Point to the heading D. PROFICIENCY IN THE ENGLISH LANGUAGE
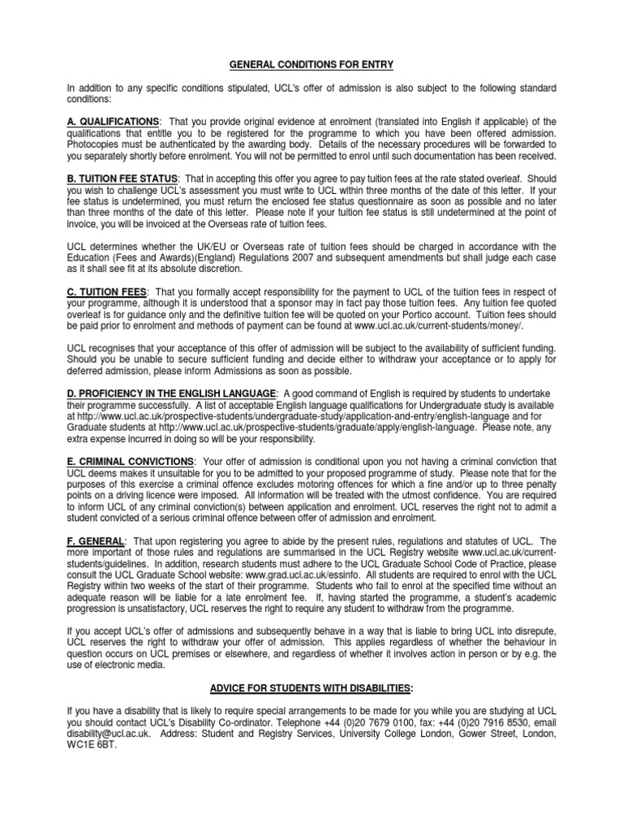point(171,394)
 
